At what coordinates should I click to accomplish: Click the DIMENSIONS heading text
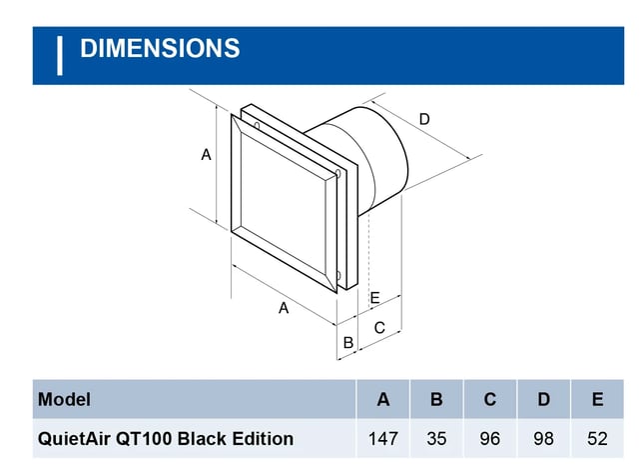click(x=160, y=48)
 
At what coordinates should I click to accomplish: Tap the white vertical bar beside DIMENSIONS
click(x=60, y=56)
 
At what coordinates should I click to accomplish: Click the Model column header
click(x=64, y=399)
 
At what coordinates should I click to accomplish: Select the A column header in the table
click(x=383, y=399)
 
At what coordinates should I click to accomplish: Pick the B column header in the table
click(x=436, y=399)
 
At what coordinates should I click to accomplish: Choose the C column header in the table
click(x=489, y=399)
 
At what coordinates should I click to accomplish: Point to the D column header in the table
click(x=544, y=399)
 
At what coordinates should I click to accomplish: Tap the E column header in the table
click(x=597, y=399)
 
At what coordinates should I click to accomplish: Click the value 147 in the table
click(x=383, y=439)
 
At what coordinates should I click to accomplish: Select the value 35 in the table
click(x=436, y=439)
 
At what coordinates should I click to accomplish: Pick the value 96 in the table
click(x=489, y=439)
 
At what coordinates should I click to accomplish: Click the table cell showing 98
click(x=544, y=439)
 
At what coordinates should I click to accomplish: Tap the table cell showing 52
click(x=597, y=439)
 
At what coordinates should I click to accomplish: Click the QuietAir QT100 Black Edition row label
click(x=166, y=439)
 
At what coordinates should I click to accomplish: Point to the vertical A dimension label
click(x=206, y=155)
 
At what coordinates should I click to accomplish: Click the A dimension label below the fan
click(x=284, y=307)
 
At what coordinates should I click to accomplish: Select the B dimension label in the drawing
click(x=348, y=342)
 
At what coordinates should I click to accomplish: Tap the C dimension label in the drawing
click(x=379, y=328)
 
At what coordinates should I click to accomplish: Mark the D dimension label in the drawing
click(x=424, y=119)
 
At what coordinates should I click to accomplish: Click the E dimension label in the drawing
click(x=374, y=298)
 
